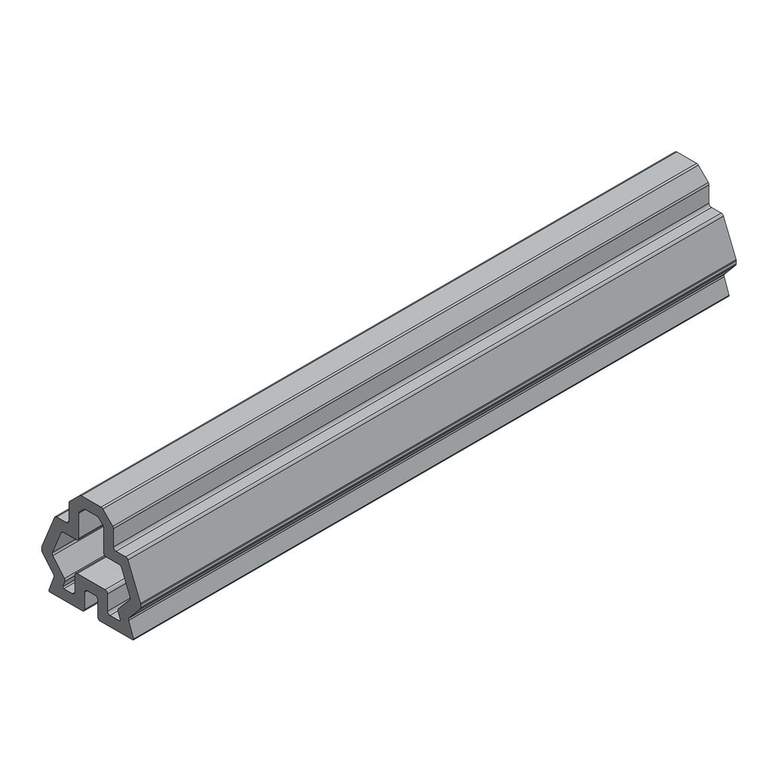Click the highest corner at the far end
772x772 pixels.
pos(675,152)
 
